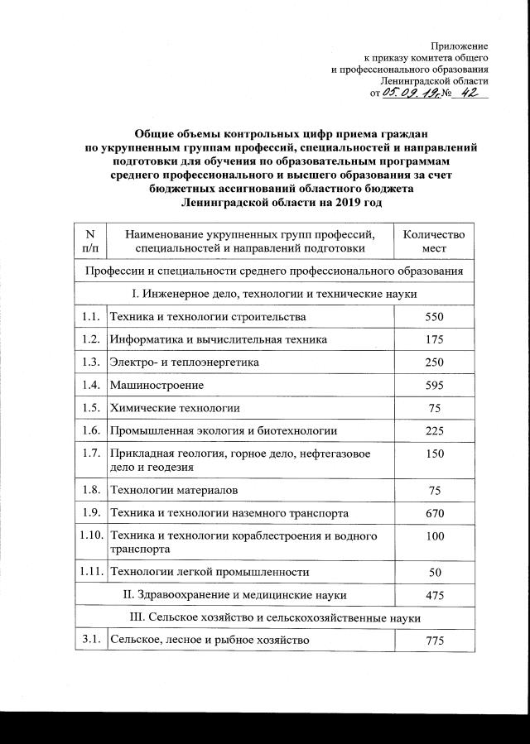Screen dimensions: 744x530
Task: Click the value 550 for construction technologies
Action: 435,317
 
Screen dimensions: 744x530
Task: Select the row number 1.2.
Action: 91,340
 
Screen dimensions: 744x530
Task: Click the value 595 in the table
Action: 435,385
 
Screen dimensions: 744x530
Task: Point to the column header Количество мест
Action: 434,241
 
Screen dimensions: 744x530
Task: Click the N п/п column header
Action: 91,241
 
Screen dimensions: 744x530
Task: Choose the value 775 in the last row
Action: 435,641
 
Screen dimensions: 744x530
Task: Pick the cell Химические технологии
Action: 175,408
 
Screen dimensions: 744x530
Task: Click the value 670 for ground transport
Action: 435,514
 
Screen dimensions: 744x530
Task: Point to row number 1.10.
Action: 91,536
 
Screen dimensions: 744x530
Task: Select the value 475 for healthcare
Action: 435,594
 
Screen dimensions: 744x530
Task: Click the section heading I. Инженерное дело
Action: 273,294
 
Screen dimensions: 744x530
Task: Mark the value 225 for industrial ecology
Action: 435,430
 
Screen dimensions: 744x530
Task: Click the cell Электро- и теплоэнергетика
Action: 185,362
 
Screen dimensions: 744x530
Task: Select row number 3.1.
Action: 91,641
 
